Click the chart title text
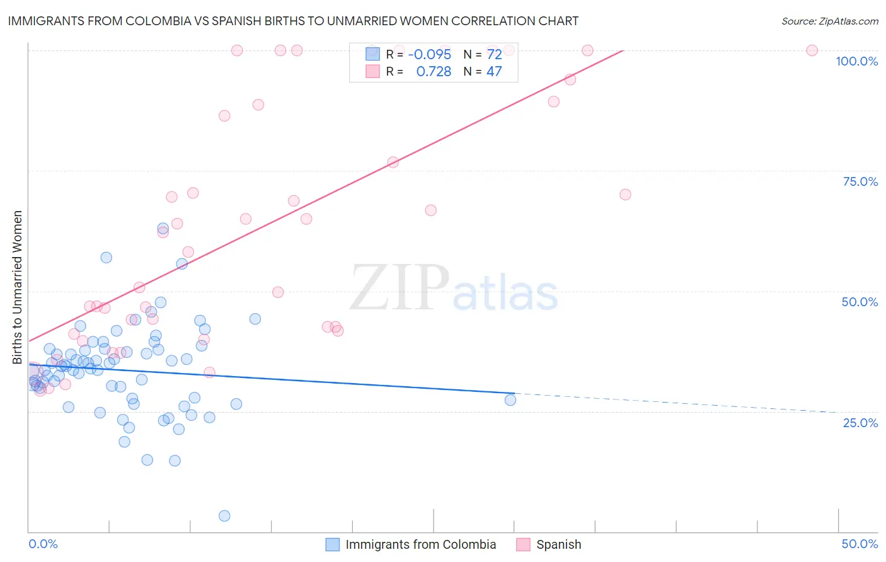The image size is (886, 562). pos(293,21)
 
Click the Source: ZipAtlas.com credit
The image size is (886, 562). pos(829,21)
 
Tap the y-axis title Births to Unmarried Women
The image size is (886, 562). pos(17,287)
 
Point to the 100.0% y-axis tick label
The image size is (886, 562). pos(856,61)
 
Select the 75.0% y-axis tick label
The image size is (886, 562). pos(860,181)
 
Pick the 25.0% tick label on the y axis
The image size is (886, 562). pos(860,422)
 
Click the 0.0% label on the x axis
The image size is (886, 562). pos(43,544)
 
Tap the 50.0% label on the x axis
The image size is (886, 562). pos(860,544)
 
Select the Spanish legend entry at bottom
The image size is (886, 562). pos(558,544)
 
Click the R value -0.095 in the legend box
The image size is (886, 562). pos(430,54)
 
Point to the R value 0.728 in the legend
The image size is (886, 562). pos(434,72)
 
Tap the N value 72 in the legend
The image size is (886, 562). pos(494,54)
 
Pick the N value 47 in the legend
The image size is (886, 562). pos(494,72)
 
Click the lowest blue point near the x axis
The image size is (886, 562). pos(224,516)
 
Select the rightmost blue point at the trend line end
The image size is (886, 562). pos(510,399)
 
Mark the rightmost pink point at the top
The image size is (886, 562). pos(812,50)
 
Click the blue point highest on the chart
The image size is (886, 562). pos(163,228)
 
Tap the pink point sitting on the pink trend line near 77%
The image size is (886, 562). pos(393,162)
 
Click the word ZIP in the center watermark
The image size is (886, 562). pos(400,288)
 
